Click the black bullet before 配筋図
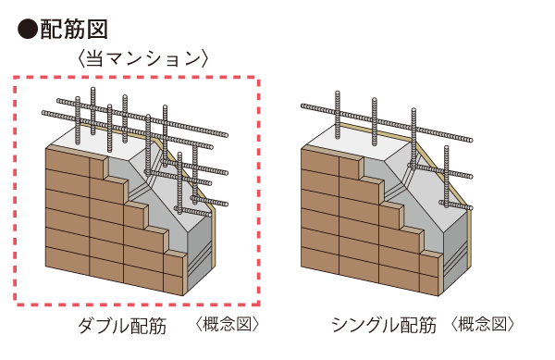pyautogui.click(x=27, y=28)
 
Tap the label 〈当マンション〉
pyautogui.click(x=142, y=58)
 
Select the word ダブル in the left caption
pyautogui.click(x=100, y=326)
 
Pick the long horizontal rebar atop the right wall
pyautogui.click(x=388, y=119)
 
